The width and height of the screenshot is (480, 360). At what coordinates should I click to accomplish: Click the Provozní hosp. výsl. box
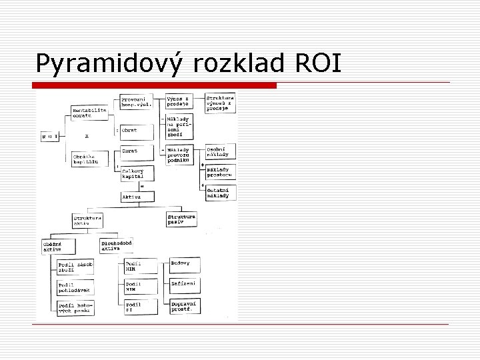click(136, 101)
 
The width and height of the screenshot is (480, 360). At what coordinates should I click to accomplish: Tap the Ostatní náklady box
click(220, 192)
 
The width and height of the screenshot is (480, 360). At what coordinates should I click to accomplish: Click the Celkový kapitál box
click(136, 174)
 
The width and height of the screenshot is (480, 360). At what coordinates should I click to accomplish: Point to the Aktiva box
click(136, 197)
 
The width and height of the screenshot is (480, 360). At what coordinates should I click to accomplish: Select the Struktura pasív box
click(181, 219)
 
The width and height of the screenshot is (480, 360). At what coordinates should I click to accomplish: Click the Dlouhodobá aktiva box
click(117, 245)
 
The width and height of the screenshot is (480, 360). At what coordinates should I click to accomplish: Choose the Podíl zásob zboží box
click(75, 267)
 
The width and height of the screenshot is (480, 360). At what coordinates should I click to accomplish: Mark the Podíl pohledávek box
click(75, 287)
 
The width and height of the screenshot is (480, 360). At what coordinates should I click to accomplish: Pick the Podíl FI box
click(141, 307)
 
